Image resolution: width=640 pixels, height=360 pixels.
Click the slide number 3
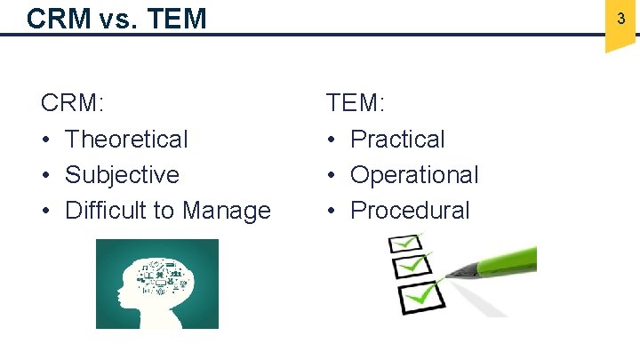click(x=620, y=19)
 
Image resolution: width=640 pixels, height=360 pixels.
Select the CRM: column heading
click(x=73, y=104)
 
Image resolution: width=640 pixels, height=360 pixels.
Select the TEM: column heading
click(x=356, y=104)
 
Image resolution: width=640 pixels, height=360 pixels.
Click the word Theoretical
click(x=126, y=140)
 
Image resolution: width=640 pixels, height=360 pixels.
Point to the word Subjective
click(x=122, y=175)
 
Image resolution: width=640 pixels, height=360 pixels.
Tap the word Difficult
click(x=107, y=211)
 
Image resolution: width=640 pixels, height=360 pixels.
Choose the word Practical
click(x=397, y=140)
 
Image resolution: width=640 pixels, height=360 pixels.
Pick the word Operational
click(x=414, y=175)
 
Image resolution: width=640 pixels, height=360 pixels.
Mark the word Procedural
click(x=410, y=211)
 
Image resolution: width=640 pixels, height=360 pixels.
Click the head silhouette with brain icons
click(x=157, y=284)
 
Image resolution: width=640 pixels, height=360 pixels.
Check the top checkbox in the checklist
click(x=407, y=243)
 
